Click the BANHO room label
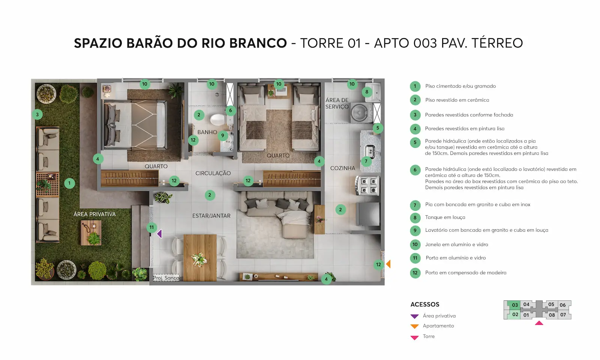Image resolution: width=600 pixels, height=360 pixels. pyautogui.click(x=207, y=132)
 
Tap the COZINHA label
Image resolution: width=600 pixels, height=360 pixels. pyautogui.click(x=343, y=168)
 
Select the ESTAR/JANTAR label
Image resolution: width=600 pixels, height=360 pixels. pyautogui.click(x=211, y=216)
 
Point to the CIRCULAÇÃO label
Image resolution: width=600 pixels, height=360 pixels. pyautogui.click(x=213, y=173)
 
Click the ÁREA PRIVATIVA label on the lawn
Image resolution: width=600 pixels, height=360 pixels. pyautogui.click(x=94, y=214)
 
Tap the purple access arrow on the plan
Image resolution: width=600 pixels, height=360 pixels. pyautogui.click(x=160, y=234)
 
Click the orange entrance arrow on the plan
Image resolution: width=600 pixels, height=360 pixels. pyautogui.click(x=388, y=264)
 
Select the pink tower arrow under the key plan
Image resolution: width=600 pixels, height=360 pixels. pyautogui.click(x=539, y=323)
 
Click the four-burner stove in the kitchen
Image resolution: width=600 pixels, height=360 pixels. pyautogui.click(x=368, y=185)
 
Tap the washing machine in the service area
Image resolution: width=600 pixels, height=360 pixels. pyautogui.click(x=362, y=113)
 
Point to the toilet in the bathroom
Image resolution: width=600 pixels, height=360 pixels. pyautogui.click(x=218, y=120)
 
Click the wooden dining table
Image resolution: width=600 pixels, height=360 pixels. pyautogui.click(x=200, y=258)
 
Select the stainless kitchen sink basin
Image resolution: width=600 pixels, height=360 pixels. pyautogui.click(x=370, y=150)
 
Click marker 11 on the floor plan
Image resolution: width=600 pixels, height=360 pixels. pyautogui.click(x=151, y=227)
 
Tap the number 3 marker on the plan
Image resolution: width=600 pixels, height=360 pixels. pyautogui.click(x=37, y=115)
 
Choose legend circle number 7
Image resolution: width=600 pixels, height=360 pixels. pyautogui.click(x=415, y=205)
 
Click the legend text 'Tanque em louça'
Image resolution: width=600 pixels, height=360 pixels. pyautogui.click(x=445, y=217)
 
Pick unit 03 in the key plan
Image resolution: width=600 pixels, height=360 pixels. pyautogui.click(x=515, y=305)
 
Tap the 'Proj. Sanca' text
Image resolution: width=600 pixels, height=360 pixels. pyautogui.click(x=166, y=278)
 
